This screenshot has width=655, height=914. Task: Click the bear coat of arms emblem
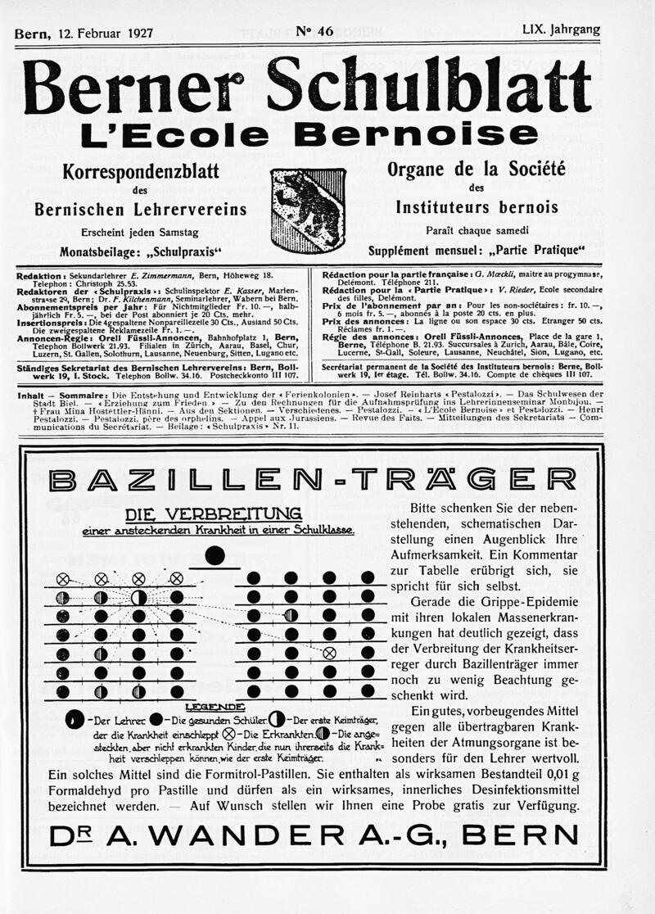308,210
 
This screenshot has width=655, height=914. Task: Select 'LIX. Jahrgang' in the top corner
561,30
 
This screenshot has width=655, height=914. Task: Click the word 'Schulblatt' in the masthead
429,86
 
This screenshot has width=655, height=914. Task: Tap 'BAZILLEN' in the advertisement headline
183,479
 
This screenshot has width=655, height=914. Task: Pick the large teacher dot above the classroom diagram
215,554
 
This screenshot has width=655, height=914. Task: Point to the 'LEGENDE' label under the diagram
215,705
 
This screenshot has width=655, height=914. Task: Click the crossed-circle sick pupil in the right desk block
329,653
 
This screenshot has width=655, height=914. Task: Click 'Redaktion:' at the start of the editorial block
42,277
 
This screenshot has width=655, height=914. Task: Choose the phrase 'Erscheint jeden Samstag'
139,233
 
